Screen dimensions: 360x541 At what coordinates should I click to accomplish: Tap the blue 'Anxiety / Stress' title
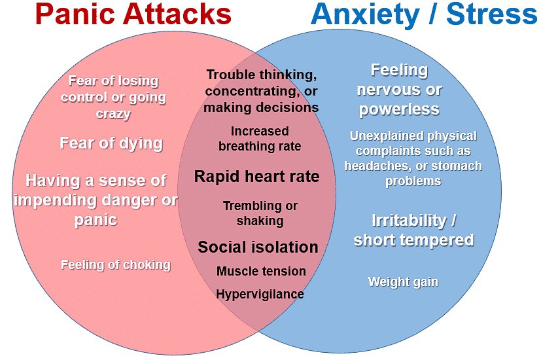click(x=425, y=14)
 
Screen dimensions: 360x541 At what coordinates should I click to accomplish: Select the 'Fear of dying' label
click(x=111, y=143)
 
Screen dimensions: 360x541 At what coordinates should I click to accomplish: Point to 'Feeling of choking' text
click(x=116, y=265)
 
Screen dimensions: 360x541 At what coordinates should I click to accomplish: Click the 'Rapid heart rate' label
click(x=257, y=176)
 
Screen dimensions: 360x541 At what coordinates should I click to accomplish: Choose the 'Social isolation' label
click(x=258, y=247)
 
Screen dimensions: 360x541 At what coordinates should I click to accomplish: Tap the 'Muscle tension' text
click(x=261, y=271)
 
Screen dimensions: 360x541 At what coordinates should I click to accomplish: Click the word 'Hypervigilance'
click(x=260, y=294)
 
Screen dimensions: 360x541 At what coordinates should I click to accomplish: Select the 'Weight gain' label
click(x=403, y=282)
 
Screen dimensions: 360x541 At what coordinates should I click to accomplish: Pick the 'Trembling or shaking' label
click(x=260, y=213)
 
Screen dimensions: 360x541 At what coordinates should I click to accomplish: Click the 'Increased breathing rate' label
click(x=260, y=139)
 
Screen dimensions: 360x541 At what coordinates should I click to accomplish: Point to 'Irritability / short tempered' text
click(x=413, y=230)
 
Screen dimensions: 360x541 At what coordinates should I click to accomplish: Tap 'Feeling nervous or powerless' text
click(x=399, y=89)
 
